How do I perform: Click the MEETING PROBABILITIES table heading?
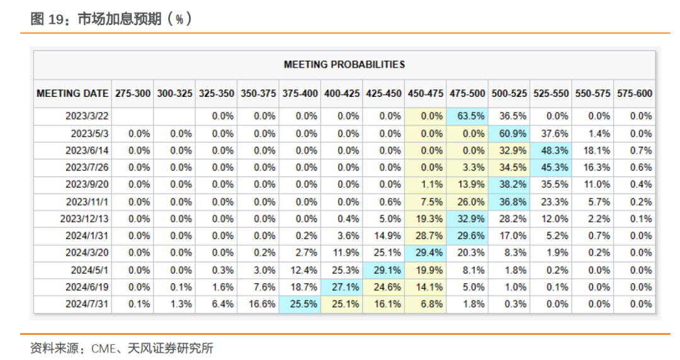pos(344,64)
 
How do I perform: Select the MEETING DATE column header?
pos(72,93)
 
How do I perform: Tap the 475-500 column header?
pos(467,93)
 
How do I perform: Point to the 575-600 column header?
pos(634,93)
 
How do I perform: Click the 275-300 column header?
pos(133,93)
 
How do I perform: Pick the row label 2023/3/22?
pos(87,116)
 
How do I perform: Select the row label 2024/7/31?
pos(87,304)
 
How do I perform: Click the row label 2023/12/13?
pos(84,219)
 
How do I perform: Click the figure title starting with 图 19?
pos(111,20)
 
